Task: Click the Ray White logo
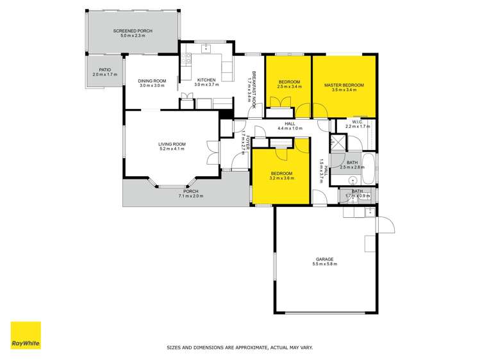tap(26, 335)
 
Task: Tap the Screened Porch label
tap(133, 31)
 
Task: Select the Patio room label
tap(105, 70)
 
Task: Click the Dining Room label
tap(152, 81)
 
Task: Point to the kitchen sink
tap(206, 48)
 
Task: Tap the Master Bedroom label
tap(344, 85)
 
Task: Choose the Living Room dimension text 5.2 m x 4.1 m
tap(172, 149)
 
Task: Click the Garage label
tap(325, 259)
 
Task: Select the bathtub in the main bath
tap(368, 169)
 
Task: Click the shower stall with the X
tap(338, 142)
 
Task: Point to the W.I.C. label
tap(358, 122)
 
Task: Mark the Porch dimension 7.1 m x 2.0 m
tap(191, 196)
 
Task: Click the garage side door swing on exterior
tap(386, 225)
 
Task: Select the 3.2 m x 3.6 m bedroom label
tap(281, 178)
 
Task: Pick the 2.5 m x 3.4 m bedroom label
tap(289, 86)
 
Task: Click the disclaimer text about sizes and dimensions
tap(240, 347)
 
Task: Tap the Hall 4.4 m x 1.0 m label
tap(290, 126)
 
